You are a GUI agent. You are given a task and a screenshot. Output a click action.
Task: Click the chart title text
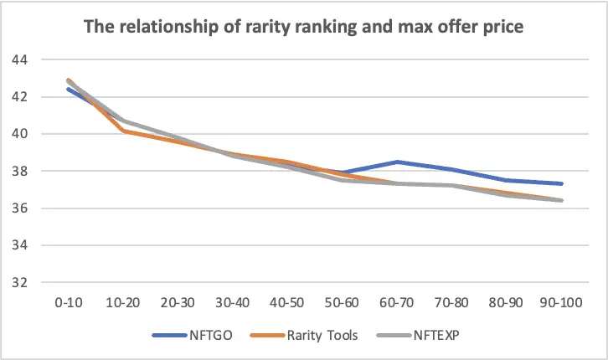pyautogui.click(x=304, y=27)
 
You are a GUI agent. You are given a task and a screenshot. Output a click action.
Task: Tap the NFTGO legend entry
pyautogui.click(x=193, y=335)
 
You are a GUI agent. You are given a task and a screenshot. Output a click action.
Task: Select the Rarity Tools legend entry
pyautogui.click(x=304, y=335)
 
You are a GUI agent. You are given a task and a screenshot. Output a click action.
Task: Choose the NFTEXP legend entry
pyautogui.click(x=418, y=335)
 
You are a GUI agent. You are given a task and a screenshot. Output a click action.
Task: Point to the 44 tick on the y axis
pyautogui.click(x=20, y=60)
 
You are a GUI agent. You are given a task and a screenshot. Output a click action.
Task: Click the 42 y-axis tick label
pyautogui.click(x=20, y=97)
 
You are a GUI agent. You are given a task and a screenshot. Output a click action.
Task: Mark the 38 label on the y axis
pyautogui.click(x=20, y=171)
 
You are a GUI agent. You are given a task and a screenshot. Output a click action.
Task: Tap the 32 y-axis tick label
pyautogui.click(x=20, y=282)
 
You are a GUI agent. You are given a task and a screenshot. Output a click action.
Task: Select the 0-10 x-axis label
pyautogui.click(x=69, y=302)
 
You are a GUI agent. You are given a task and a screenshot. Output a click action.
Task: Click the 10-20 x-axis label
pyautogui.click(x=123, y=302)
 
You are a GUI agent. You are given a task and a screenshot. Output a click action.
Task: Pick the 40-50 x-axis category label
pyautogui.click(x=287, y=302)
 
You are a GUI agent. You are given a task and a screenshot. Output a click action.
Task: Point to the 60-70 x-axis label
pyautogui.click(x=397, y=302)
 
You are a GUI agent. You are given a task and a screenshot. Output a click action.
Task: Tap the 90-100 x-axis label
pyautogui.click(x=561, y=302)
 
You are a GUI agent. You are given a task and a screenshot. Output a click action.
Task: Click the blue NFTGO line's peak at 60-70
pyautogui.click(x=397, y=162)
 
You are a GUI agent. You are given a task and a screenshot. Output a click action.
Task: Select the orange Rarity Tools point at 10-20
pyautogui.click(x=123, y=131)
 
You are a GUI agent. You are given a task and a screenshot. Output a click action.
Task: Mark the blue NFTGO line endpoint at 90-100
pyautogui.click(x=561, y=183)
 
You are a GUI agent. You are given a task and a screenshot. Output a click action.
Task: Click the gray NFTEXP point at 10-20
pyautogui.click(x=123, y=121)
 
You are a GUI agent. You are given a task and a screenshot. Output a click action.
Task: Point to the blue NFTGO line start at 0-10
pyautogui.click(x=69, y=89)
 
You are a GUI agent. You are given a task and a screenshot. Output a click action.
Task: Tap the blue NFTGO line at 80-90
pyautogui.click(x=506, y=180)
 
